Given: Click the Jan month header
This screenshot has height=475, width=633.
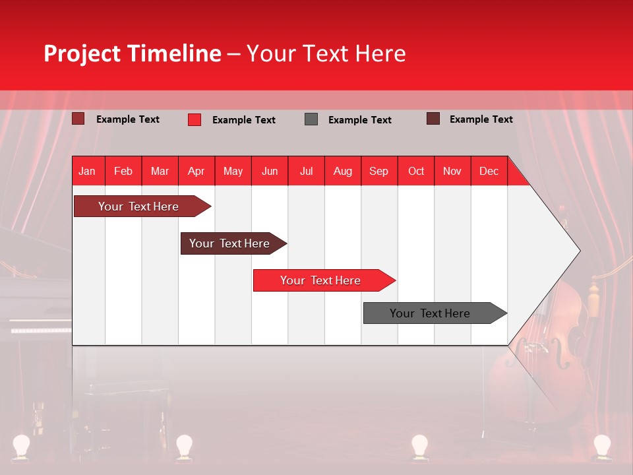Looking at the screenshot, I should [x=88, y=171].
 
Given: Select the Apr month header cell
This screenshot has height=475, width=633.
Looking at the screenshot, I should [x=196, y=171].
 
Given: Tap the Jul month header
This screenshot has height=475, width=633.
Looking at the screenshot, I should [x=306, y=171].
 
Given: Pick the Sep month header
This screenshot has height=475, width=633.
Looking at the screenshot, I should [x=378, y=171].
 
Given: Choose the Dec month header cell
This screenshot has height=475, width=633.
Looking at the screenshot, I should [x=489, y=171].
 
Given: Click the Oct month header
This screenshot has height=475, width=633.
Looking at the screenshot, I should [x=416, y=171].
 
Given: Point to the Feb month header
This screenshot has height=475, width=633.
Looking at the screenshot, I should [x=123, y=171].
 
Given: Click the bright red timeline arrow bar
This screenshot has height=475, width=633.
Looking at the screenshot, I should [x=321, y=280].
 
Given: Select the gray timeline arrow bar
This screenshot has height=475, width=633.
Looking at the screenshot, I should [x=431, y=313].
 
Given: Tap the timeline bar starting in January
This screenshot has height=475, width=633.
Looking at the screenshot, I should [x=138, y=206].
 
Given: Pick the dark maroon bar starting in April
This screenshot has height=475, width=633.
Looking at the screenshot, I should [x=230, y=243].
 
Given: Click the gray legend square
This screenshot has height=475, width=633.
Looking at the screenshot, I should [x=311, y=119].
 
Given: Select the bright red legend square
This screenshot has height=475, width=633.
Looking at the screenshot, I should [x=195, y=119].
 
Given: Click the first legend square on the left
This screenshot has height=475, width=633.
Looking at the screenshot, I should [x=78, y=119].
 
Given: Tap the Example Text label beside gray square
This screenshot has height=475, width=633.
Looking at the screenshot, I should [x=359, y=120].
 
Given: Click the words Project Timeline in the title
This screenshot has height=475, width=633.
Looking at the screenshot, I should [x=132, y=53].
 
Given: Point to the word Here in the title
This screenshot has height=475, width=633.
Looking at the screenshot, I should [x=380, y=53].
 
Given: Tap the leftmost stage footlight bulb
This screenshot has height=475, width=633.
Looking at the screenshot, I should [x=22, y=445].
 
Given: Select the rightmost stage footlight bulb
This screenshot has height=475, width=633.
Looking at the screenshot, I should [x=601, y=445].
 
